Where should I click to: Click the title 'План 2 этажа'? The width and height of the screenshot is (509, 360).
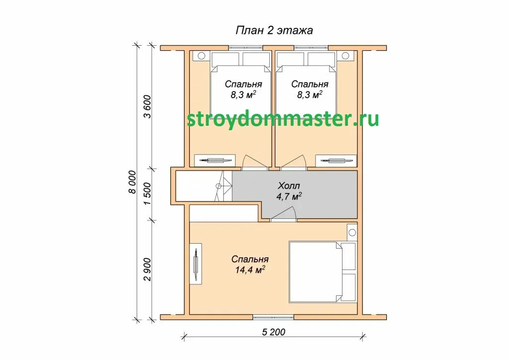(x=274, y=30)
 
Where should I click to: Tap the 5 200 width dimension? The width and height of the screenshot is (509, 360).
(x=274, y=332)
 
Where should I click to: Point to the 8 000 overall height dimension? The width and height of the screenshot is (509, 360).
(x=132, y=182)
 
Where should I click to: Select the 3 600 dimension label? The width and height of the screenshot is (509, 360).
(x=147, y=106)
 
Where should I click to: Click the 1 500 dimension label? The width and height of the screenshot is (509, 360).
(x=147, y=194)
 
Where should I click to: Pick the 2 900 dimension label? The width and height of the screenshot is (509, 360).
(x=147, y=270)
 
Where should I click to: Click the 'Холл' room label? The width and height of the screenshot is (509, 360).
(x=289, y=185)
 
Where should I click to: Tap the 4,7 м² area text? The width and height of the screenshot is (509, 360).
(x=289, y=196)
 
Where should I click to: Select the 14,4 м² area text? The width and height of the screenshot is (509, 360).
(x=250, y=270)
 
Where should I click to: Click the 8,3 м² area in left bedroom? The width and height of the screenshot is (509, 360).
(x=244, y=95)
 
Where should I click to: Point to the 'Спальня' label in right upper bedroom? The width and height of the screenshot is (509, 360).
(x=310, y=84)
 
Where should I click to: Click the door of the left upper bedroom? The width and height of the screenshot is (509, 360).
(x=255, y=162)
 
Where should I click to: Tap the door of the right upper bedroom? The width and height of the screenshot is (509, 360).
(x=293, y=162)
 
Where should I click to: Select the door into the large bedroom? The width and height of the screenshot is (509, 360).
(x=283, y=214)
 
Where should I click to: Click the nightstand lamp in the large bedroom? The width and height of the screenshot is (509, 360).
(x=352, y=232)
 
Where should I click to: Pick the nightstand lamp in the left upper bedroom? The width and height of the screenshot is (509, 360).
(x=201, y=56)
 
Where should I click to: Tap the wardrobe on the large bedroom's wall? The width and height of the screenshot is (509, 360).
(x=196, y=264)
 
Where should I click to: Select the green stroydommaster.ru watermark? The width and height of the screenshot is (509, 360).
(x=283, y=119)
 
